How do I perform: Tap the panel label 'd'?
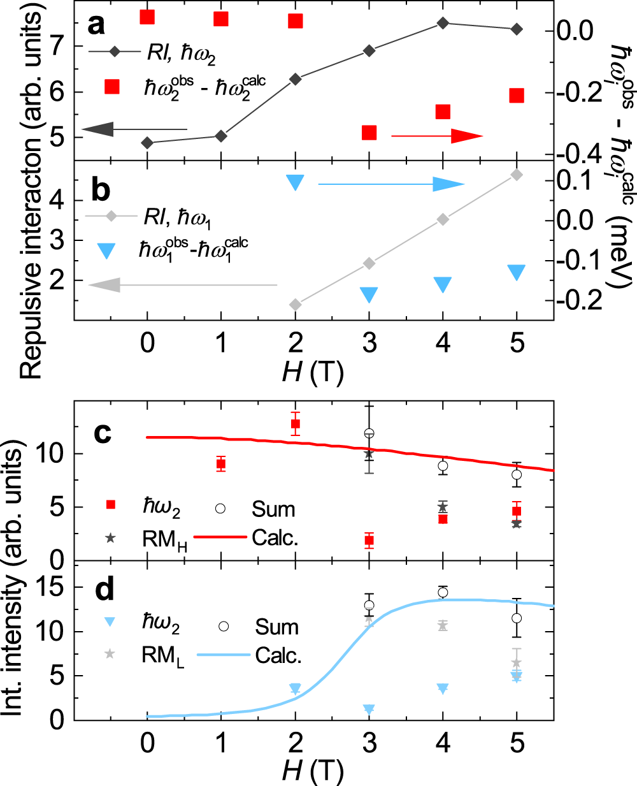pyautogui.click(x=103, y=590)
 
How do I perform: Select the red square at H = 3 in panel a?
pyautogui.click(x=369, y=133)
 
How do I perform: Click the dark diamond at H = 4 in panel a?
pyautogui.click(x=443, y=24)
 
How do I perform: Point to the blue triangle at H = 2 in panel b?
pyautogui.click(x=295, y=182)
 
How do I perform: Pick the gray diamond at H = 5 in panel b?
pyautogui.click(x=517, y=175)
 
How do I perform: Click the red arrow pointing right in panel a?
pyautogui.click(x=437, y=136)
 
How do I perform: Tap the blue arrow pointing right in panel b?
pyautogui.click(x=391, y=184)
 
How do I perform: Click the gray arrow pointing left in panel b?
pyautogui.click(x=183, y=285)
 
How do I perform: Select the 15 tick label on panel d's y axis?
pyautogui.click(x=51, y=587)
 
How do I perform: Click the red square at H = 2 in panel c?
pyautogui.click(x=295, y=424)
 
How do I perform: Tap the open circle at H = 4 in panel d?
pyautogui.click(x=443, y=593)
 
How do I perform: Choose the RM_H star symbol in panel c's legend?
pyautogui.click(x=110, y=538)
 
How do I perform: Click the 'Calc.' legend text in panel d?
pyautogui.click(x=278, y=655)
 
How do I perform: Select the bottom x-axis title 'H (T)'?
pyautogui.click(x=313, y=771)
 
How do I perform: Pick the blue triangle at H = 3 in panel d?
pyautogui.click(x=369, y=709)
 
